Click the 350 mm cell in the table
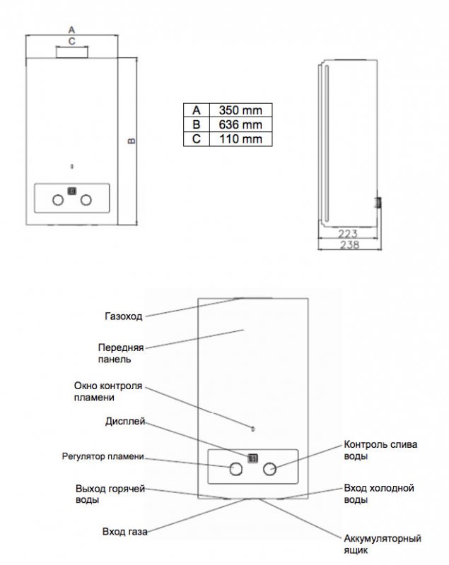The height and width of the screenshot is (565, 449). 240,110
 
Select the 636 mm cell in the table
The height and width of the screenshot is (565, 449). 240,124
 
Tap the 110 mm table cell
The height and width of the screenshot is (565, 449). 240,138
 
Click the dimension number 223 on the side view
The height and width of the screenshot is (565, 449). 347,234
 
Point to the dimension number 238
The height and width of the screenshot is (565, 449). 349,244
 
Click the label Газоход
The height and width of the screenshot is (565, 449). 124,316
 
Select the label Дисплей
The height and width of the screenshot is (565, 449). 125,421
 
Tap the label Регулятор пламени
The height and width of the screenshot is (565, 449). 103,456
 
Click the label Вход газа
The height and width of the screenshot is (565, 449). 124,532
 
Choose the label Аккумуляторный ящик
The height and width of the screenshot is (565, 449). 383,544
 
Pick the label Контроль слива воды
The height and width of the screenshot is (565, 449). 380,450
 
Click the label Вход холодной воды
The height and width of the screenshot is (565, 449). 379,494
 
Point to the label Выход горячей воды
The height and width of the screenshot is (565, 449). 110,494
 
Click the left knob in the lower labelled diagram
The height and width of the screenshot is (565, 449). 236,469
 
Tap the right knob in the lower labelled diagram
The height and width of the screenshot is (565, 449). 269,469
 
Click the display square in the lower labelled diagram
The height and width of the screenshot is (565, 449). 253,458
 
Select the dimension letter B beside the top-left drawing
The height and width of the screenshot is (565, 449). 132,141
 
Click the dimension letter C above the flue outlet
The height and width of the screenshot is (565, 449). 71,42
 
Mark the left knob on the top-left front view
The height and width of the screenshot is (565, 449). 58,200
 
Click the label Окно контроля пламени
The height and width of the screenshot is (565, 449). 108,392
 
